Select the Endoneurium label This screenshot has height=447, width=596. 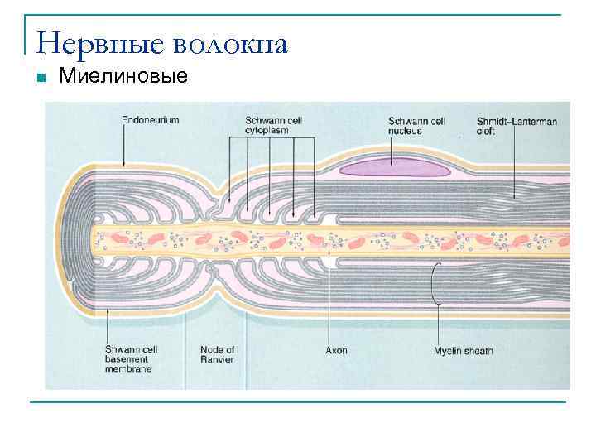(x=150, y=120)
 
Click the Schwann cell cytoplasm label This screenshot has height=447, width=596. (x=273, y=125)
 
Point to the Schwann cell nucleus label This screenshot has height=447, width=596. (x=416, y=125)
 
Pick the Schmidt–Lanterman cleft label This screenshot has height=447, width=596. (x=517, y=125)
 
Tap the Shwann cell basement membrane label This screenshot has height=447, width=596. (x=132, y=359)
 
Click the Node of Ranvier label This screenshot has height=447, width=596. (x=218, y=354)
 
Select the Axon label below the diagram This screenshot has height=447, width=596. (x=336, y=350)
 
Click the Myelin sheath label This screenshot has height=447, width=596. (x=463, y=350)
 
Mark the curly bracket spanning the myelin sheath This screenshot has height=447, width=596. (x=435, y=284)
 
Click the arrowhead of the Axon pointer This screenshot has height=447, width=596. (x=331, y=249)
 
